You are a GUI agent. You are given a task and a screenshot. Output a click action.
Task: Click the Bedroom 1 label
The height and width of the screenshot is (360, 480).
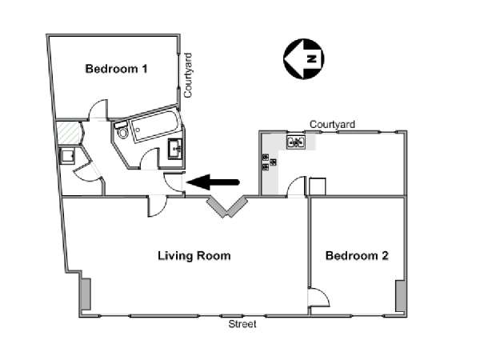tap(116, 69)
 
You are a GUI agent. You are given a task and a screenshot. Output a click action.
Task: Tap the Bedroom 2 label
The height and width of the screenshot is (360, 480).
tap(357, 257)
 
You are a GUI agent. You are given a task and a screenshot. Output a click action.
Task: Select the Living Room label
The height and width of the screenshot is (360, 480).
tap(194, 257)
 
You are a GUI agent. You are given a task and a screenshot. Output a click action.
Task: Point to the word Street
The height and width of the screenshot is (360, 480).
tap(242, 324)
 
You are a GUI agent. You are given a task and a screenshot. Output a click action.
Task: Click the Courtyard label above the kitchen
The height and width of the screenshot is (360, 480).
tap(333, 124)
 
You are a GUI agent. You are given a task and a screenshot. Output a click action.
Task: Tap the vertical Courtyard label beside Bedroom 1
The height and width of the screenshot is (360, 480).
tap(189, 75)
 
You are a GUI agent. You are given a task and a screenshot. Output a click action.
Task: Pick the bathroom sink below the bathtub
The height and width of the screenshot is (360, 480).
tap(176, 147)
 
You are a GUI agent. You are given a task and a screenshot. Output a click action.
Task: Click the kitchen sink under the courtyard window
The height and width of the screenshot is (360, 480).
tap(297, 143)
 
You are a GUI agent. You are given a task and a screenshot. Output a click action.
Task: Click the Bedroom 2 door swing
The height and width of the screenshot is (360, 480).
tap(319, 297)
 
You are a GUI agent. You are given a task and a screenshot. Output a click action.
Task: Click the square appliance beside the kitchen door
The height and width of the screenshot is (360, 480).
tap(317, 186)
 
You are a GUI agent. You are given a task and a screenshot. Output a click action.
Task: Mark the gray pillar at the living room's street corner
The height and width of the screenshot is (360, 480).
tap(85, 297)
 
